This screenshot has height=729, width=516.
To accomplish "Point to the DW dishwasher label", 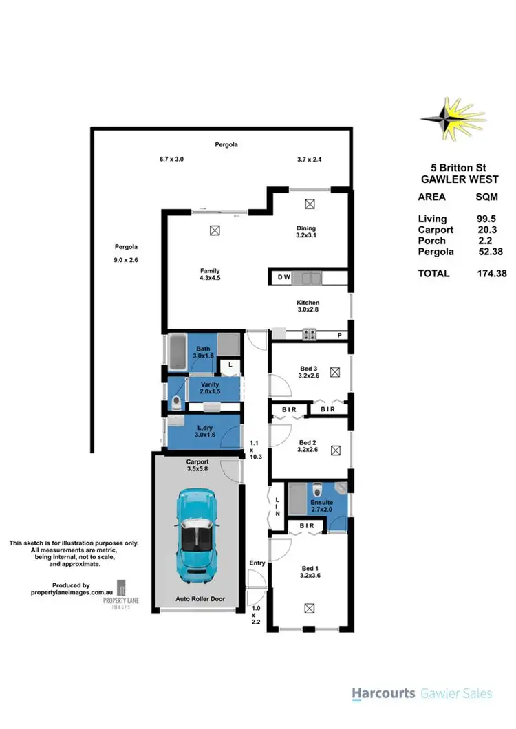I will (283, 279).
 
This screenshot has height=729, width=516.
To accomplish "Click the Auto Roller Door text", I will (197, 598).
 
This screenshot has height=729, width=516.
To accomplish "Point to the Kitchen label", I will (308, 303).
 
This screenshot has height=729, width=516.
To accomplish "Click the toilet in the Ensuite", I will (317, 490).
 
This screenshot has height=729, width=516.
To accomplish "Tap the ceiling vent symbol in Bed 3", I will (335, 372).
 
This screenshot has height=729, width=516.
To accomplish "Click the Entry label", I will (257, 563).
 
